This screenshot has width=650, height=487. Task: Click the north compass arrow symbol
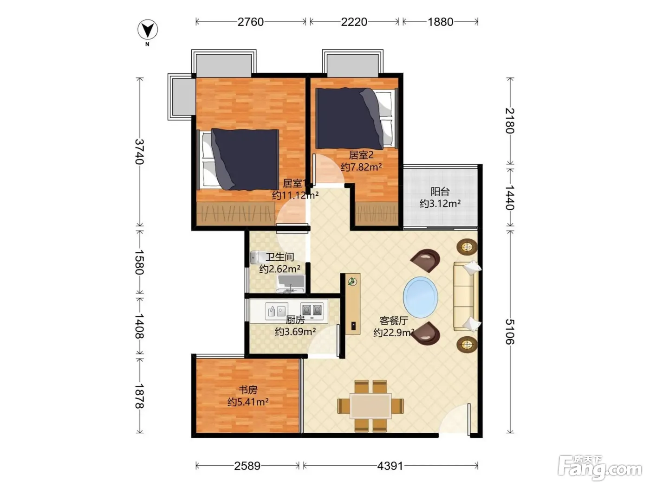(148, 30)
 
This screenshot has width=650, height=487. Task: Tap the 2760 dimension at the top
(251, 22)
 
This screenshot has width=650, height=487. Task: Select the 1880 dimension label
(440, 22)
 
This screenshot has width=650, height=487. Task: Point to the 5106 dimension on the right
(510, 332)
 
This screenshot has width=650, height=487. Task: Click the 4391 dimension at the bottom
(390, 466)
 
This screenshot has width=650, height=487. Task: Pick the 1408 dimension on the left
(139, 326)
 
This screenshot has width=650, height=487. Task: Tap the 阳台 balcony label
(440, 192)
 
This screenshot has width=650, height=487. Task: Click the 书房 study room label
(248, 390)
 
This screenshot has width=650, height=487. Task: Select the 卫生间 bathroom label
(279, 256)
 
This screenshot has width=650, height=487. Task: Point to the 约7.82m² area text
(361, 167)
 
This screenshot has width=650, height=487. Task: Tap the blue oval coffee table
(420, 297)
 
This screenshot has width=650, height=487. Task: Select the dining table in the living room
(370, 406)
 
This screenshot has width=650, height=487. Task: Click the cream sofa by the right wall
(466, 296)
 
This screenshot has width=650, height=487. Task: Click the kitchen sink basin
(277, 311)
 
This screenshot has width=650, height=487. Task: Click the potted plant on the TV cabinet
(352, 282)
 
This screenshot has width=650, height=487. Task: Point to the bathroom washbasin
(291, 284)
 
